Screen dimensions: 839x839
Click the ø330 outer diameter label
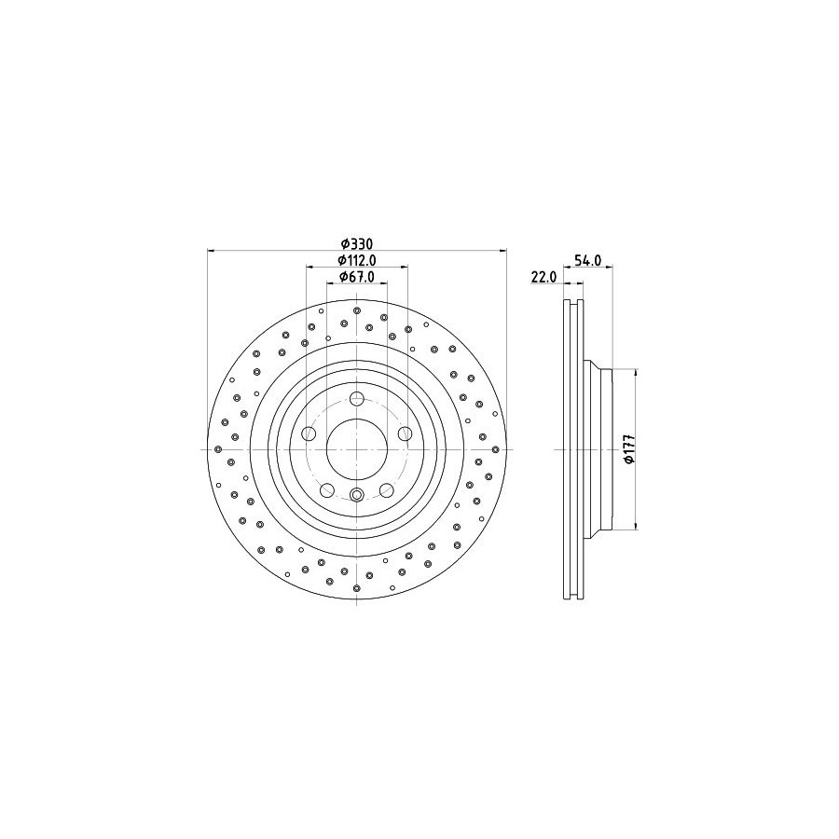tap(357, 244)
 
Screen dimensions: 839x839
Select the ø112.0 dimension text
tap(357, 260)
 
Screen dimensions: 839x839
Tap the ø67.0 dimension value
tap(357, 276)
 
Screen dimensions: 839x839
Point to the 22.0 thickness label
tap(544, 277)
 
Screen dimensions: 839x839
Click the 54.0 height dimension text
tap(588, 260)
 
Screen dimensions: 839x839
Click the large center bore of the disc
tap(357, 449)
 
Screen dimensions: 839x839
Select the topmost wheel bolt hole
tap(357, 399)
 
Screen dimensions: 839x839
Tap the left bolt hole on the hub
tap(309, 433)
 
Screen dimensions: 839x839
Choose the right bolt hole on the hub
tap(406, 433)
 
